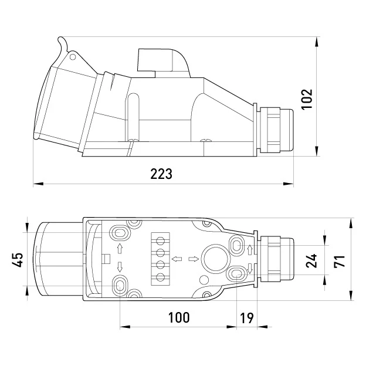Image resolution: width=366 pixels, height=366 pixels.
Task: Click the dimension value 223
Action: (x=161, y=174)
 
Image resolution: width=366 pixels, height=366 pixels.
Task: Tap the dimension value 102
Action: (x=307, y=99)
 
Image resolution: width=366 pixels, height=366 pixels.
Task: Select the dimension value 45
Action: (x=18, y=260)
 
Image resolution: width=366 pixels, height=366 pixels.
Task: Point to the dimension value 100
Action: (x=179, y=317)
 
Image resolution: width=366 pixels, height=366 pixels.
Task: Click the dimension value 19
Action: (x=247, y=318)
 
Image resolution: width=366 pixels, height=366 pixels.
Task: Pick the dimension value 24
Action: (x=311, y=260)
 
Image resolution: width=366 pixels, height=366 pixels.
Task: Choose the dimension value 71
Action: (x=339, y=261)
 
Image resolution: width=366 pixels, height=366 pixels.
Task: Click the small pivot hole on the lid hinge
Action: (x=73, y=57)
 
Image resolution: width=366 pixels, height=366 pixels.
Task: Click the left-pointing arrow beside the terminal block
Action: (x=177, y=259)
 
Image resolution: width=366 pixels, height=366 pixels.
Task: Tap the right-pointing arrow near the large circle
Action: (x=194, y=259)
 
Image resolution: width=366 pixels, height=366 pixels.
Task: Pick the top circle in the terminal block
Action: (x=160, y=240)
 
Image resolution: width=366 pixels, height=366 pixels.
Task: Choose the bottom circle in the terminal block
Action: (x=160, y=277)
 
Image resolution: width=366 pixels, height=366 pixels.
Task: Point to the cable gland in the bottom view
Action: (x=277, y=259)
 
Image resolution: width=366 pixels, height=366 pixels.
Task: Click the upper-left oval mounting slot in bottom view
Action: (x=120, y=233)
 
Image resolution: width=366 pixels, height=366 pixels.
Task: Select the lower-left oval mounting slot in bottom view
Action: (x=120, y=285)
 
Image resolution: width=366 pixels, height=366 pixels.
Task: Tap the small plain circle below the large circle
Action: (x=204, y=280)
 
